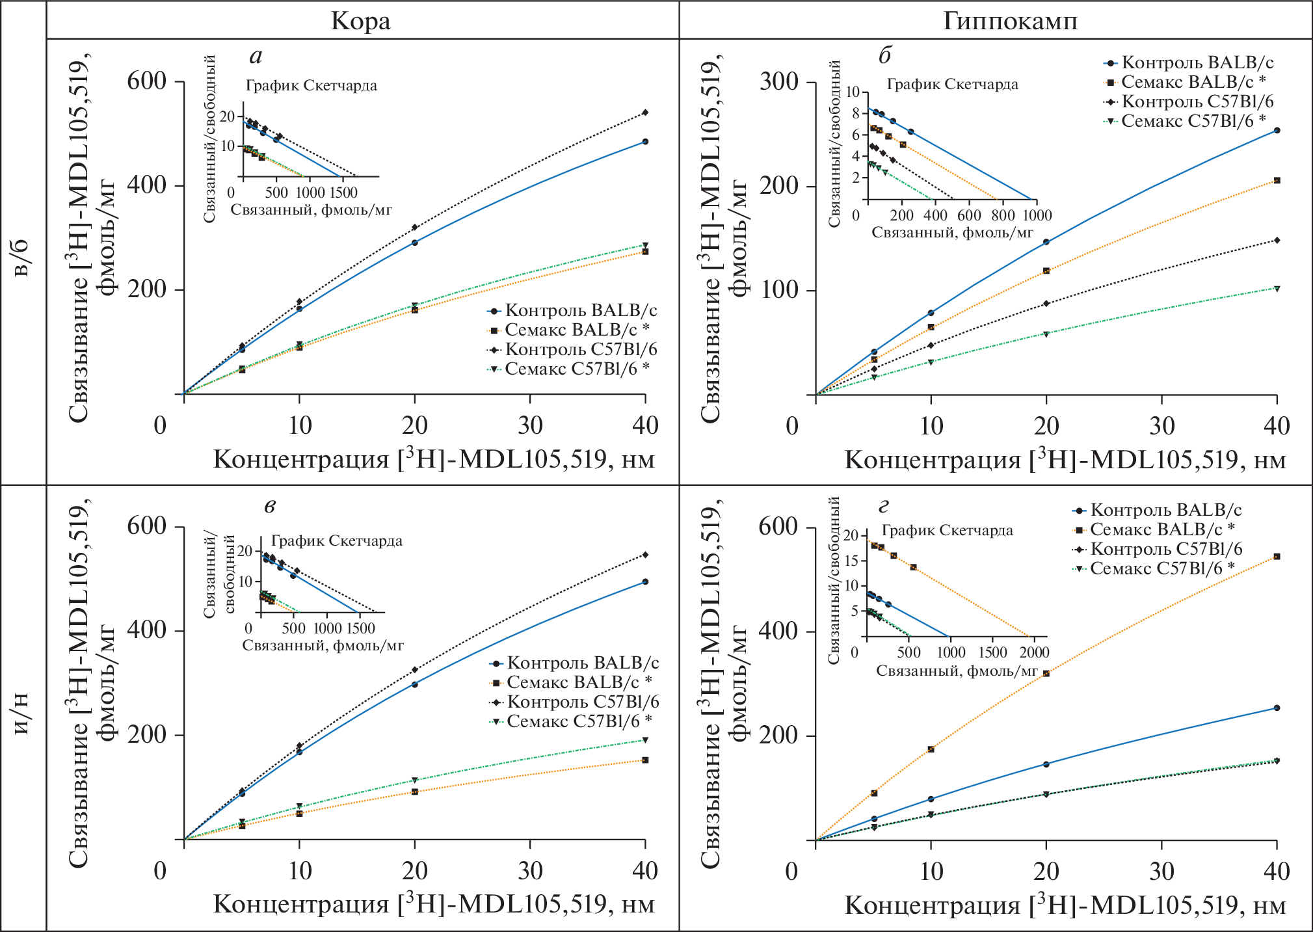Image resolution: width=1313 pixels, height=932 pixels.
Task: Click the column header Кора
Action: (361, 21)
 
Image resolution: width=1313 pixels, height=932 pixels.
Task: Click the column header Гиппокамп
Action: (1010, 21)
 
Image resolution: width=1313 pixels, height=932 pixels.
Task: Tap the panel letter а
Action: (256, 57)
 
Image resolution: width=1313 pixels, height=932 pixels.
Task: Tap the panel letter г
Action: (883, 505)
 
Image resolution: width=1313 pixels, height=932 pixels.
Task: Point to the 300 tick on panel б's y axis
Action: (778, 83)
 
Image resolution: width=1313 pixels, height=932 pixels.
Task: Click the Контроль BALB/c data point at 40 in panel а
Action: (645, 141)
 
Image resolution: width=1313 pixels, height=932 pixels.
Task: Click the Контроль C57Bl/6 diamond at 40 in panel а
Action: (645, 113)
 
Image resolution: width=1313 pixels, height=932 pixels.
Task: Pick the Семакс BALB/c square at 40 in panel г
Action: (1277, 557)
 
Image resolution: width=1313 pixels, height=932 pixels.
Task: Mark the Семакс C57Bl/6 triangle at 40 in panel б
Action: (1277, 289)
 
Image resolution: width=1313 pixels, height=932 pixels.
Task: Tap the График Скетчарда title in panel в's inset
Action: (336, 540)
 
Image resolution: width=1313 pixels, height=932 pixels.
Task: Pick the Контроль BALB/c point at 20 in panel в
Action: (415, 684)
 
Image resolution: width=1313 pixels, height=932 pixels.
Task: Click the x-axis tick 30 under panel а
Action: (530, 426)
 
